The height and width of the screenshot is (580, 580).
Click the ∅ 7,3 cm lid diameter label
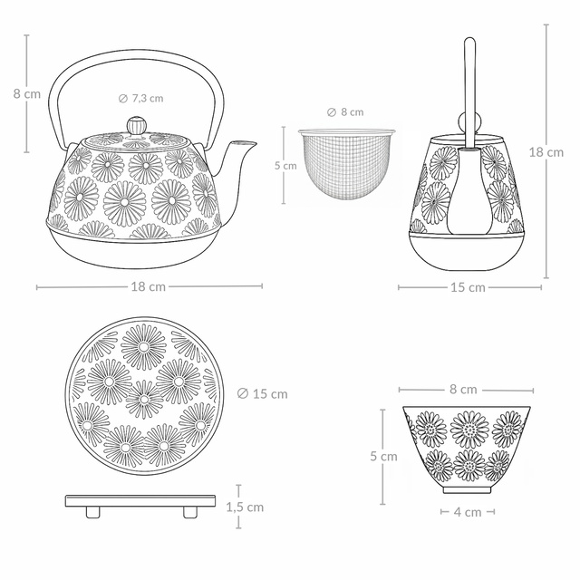[141, 99]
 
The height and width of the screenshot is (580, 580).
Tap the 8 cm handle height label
[27, 93]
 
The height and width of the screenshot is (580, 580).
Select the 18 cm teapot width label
[149, 286]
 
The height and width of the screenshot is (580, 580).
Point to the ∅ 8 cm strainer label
[345, 112]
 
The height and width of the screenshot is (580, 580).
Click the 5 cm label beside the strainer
[285, 166]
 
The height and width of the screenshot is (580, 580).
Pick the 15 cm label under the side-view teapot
[468, 287]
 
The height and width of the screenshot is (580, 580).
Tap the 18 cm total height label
[546, 152]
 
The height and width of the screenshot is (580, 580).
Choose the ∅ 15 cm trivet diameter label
[262, 394]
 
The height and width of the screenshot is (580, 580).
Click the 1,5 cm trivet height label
[245, 507]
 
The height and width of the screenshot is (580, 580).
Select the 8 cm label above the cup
[463, 390]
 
